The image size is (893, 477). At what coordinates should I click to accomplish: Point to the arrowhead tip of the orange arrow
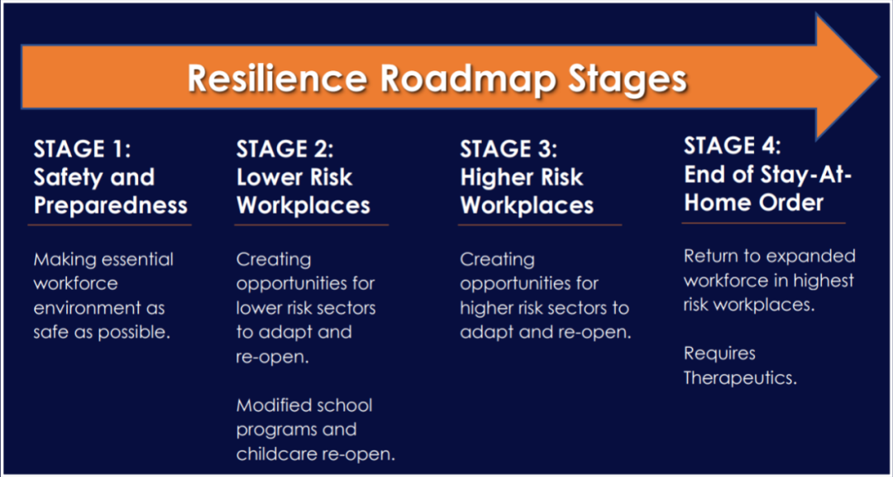pyautogui.click(x=879, y=76)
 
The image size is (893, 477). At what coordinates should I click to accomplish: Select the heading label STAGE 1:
pyautogui.click(x=83, y=150)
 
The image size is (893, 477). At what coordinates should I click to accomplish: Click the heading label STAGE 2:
pyautogui.click(x=284, y=150)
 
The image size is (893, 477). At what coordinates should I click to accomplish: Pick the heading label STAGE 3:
pyautogui.click(x=509, y=150)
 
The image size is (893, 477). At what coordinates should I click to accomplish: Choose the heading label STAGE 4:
pyautogui.click(x=733, y=146)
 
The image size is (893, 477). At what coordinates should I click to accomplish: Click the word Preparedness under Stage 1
pyautogui.click(x=111, y=205)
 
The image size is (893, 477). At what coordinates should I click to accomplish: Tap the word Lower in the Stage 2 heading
pyautogui.click(x=269, y=177)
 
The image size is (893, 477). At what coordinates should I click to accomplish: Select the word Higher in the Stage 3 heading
pyautogui.click(x=498, y=177)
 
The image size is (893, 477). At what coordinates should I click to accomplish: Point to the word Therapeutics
pyautogui.click(x=740, y=378)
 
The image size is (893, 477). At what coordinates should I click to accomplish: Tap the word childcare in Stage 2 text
pyautogui.click(x=277, y=454)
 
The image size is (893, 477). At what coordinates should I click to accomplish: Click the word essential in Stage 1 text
pyautogui.click(x=137, y=259)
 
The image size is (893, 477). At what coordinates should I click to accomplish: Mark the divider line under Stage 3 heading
pyautogui.click(x=539, y=225)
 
